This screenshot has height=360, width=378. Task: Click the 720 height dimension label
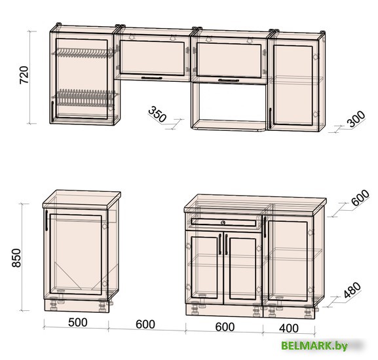24,75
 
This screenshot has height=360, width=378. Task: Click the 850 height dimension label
17,258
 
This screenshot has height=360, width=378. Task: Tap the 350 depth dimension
157,114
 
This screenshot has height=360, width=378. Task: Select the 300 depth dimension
356,118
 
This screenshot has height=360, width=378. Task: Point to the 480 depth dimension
352,290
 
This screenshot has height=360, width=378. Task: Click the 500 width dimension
77,323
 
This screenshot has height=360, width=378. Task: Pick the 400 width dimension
289,328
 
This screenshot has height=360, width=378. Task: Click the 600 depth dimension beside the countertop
360,198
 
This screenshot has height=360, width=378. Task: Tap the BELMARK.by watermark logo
314,346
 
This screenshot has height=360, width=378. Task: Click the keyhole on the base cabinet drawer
223,223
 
